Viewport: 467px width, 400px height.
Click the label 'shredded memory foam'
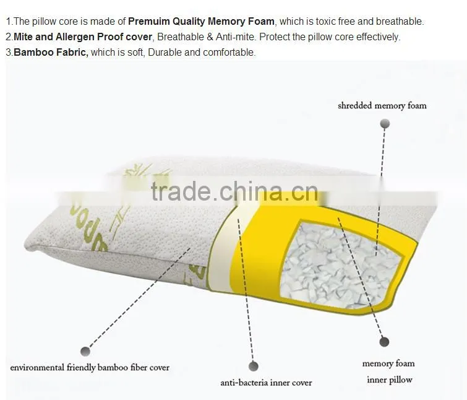[382, 106]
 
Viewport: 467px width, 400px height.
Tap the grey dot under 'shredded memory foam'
[385, 123]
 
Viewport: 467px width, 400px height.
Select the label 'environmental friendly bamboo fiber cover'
[90, 367]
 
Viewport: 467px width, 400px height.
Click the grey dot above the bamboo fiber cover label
[85, 351]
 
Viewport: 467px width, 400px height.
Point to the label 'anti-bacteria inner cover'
[266, 383]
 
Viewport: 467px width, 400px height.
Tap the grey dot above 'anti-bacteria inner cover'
[254, 366]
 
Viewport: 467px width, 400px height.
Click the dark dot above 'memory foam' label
[384, 342]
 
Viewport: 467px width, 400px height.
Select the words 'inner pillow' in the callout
[389, 380]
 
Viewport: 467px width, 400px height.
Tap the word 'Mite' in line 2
[23, 37]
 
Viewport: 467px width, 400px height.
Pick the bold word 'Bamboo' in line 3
[33, 53]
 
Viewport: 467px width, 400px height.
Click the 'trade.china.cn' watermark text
[234, 191]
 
